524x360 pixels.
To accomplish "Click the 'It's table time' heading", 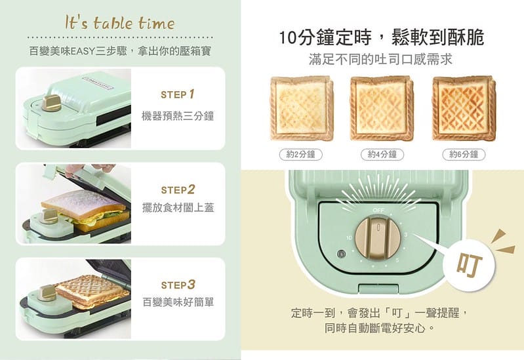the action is click(119, 23).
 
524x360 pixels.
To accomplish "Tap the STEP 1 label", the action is click(178, 94).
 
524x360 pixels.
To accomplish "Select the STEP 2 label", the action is click(178, 190).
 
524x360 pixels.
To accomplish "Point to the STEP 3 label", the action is click(178, 285).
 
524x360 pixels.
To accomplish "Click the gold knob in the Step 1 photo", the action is click(51, 103).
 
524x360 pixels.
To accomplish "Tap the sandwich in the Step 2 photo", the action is click(84, 210).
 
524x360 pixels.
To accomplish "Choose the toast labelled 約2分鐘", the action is click(302, 108).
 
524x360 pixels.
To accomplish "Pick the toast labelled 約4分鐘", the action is click(382, 108).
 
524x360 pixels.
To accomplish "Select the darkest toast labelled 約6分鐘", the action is click(464, 108).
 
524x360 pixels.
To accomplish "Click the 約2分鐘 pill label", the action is click(301, 155).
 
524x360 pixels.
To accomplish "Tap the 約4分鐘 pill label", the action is click(382, 155).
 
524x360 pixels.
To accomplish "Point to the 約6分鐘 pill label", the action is click(464, 155).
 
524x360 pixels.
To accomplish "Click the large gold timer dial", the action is click(378, 238).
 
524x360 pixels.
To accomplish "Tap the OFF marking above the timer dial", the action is click(378, 210).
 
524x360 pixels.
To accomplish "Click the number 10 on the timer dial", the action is click(349, 237).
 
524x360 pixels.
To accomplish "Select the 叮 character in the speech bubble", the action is click(470, 266).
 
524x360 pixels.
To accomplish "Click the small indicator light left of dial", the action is click(341, 254).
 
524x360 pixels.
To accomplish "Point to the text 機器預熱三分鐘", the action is click(178, 116).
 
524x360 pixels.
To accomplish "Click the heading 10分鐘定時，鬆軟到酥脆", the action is click(381, 37).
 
